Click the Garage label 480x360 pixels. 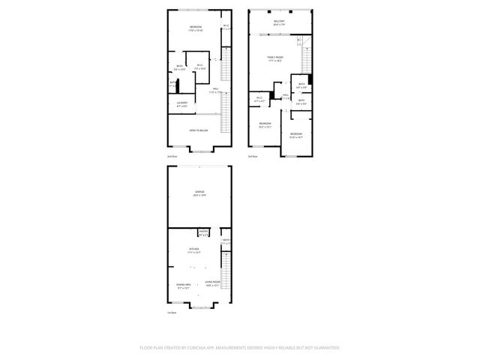point(199,192)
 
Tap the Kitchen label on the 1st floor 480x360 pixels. point(193,249)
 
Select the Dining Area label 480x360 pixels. point(184,284)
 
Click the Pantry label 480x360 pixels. point(202,232)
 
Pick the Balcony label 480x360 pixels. point(279,22)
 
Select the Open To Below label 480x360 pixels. point(199,130)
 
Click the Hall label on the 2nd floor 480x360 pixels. point(214,89)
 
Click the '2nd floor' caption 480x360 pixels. point(172,156)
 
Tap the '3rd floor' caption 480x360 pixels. point(253,156)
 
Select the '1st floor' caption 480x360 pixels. point(172,313)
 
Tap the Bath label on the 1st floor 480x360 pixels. point(226,241)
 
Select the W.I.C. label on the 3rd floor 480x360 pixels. point(259,97)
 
